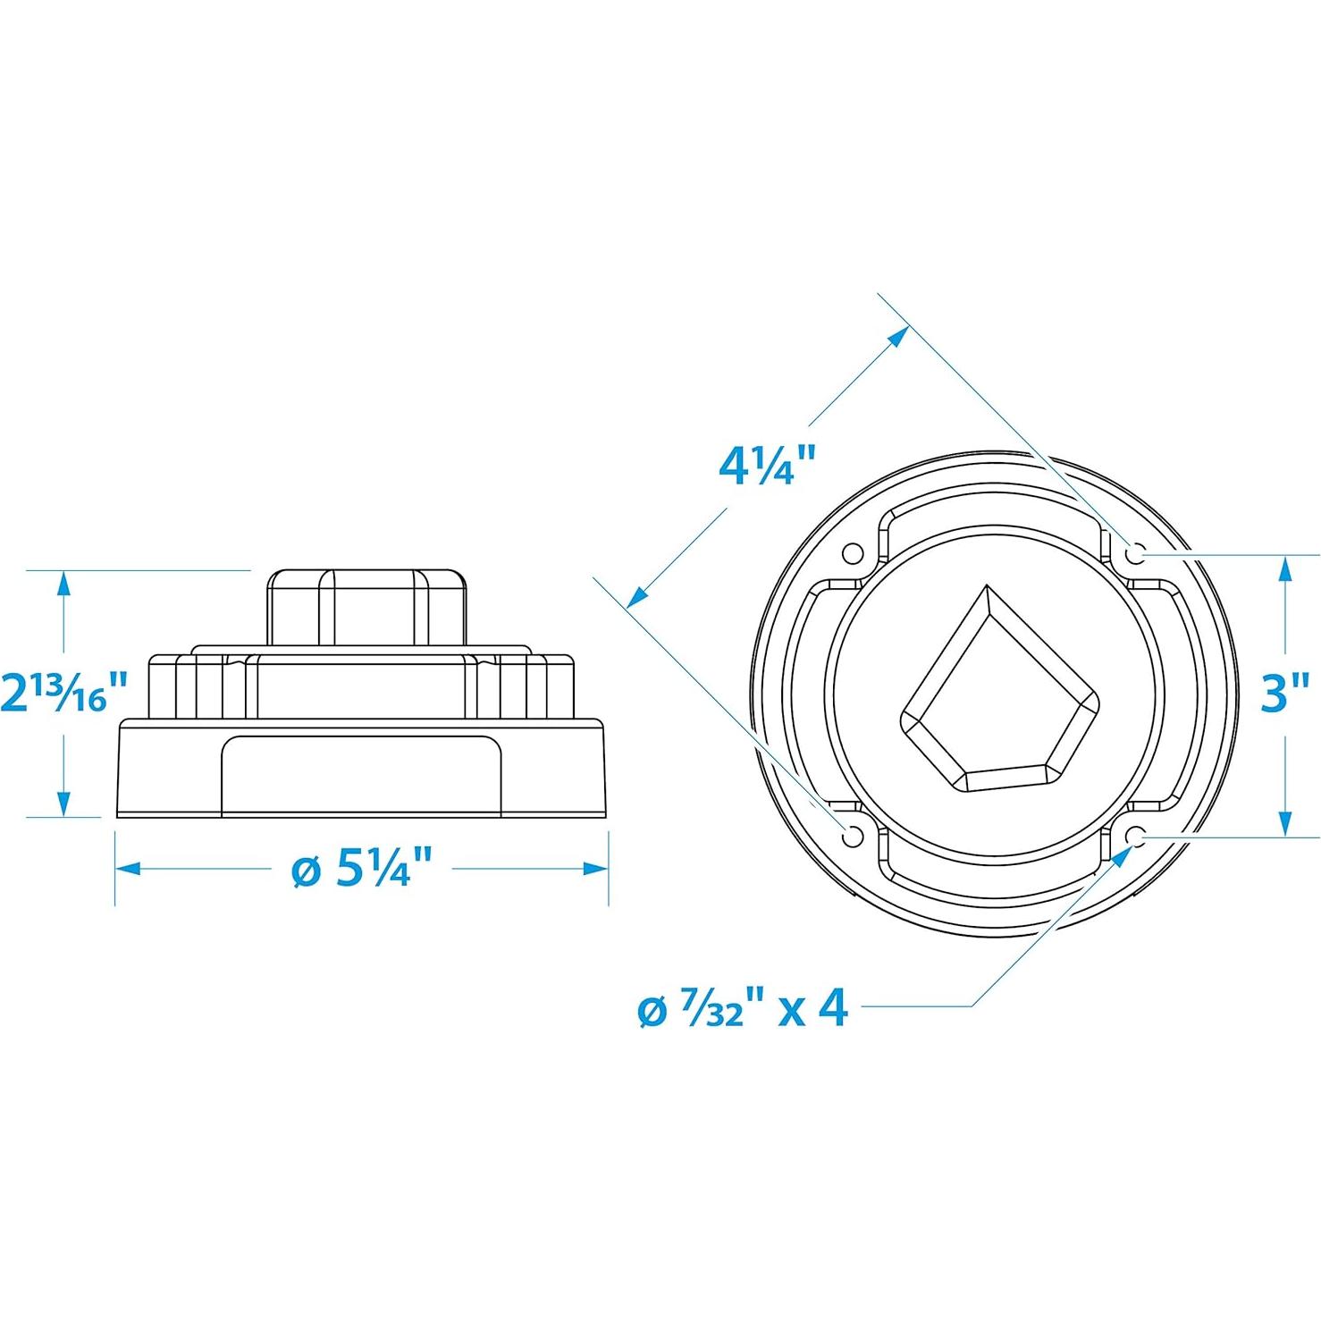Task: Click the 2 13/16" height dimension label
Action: coord(64,693)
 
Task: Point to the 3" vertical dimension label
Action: coord(1285,693)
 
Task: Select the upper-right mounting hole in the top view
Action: coord(1136,554)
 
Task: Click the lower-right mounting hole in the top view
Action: coord(1136,836)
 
